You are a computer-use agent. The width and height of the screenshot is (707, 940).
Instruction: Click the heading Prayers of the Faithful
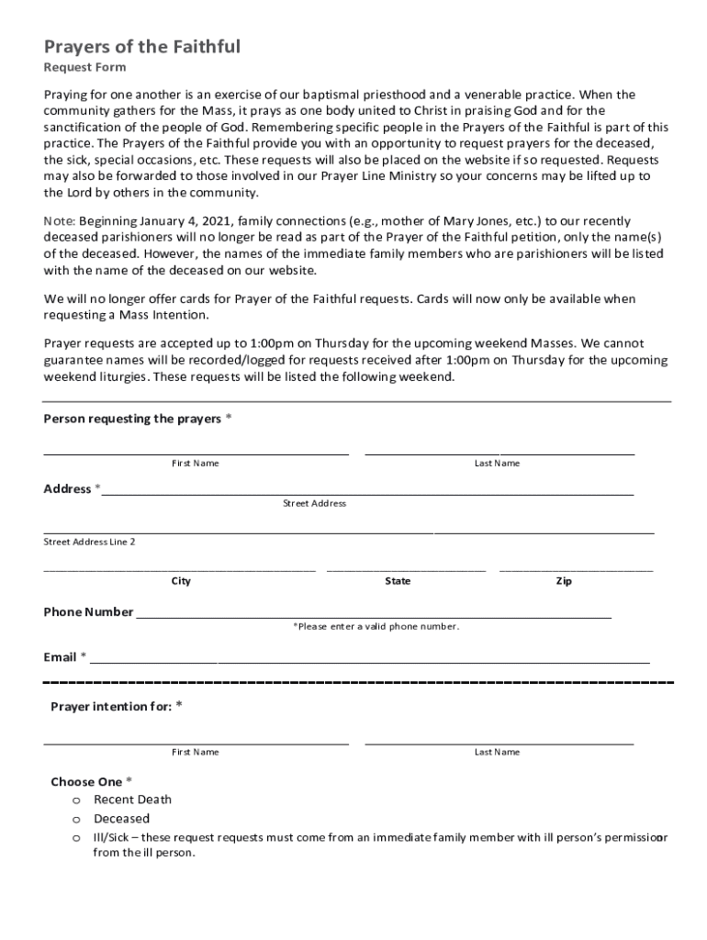[142, 47]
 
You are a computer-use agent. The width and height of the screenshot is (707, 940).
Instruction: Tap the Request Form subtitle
[85, 68]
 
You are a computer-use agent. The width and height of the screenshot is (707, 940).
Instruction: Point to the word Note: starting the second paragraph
[60, 221]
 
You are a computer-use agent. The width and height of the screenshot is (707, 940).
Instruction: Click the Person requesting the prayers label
[132, 419]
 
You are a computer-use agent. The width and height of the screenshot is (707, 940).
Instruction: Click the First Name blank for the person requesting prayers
[196, 449]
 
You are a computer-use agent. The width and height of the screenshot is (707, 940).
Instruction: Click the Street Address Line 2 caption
[90, 542]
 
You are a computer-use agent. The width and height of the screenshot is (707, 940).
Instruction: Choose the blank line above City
[180, 567]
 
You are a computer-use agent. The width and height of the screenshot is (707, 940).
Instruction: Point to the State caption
[398, 581]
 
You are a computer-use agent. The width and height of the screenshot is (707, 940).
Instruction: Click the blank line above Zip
[576, 567]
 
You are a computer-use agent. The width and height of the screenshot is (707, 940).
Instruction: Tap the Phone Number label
[88, 612]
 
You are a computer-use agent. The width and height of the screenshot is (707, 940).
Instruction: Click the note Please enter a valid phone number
[376, 626]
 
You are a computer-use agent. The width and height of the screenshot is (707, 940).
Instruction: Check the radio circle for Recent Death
[77, 800]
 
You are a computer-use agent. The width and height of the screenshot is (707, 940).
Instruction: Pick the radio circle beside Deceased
[77, 819]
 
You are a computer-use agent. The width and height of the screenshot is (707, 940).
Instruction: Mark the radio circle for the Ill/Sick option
[77, 838]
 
